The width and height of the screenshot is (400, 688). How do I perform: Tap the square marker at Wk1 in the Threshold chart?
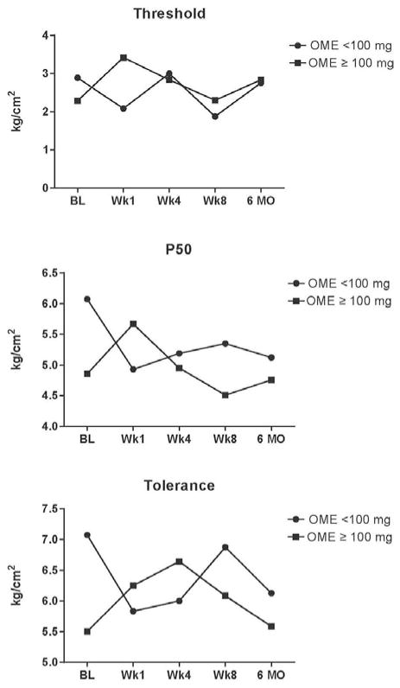[x=124, y=58]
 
